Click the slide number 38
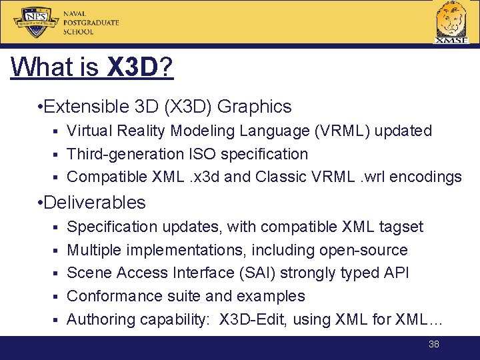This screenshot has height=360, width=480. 434,344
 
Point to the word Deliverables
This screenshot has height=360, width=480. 95,202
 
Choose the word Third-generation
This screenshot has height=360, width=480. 125,154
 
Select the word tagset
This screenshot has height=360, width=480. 401,227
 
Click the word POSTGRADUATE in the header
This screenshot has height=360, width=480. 91,23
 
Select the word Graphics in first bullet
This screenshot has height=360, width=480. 255,107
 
